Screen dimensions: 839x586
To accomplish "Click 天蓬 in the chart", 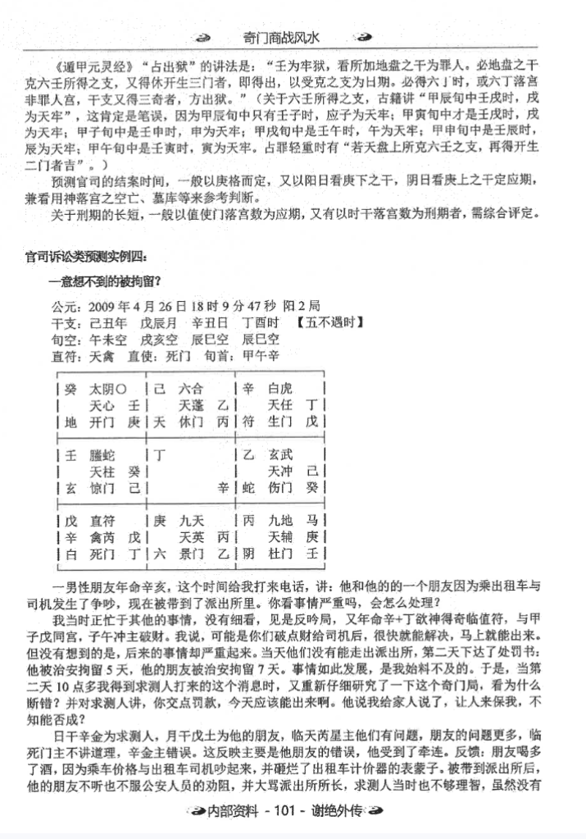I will (192, 405).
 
